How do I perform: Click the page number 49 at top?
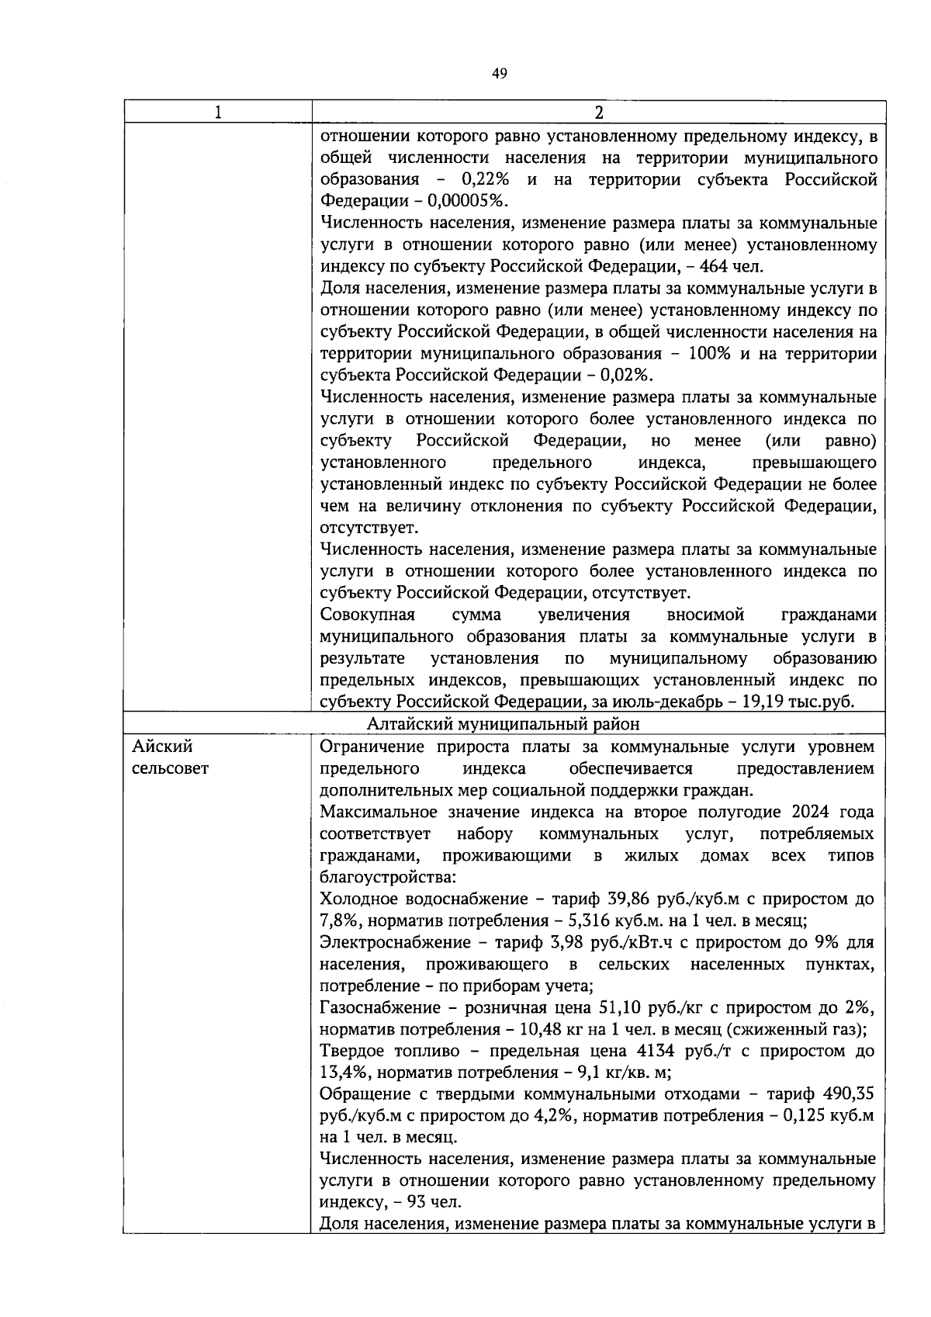point(499,74)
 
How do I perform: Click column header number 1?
point(218,113)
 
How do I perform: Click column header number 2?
point(598,113)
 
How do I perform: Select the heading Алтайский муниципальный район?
point(504,724)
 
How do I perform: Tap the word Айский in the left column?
point(162,747)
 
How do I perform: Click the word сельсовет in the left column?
point(171,769)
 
